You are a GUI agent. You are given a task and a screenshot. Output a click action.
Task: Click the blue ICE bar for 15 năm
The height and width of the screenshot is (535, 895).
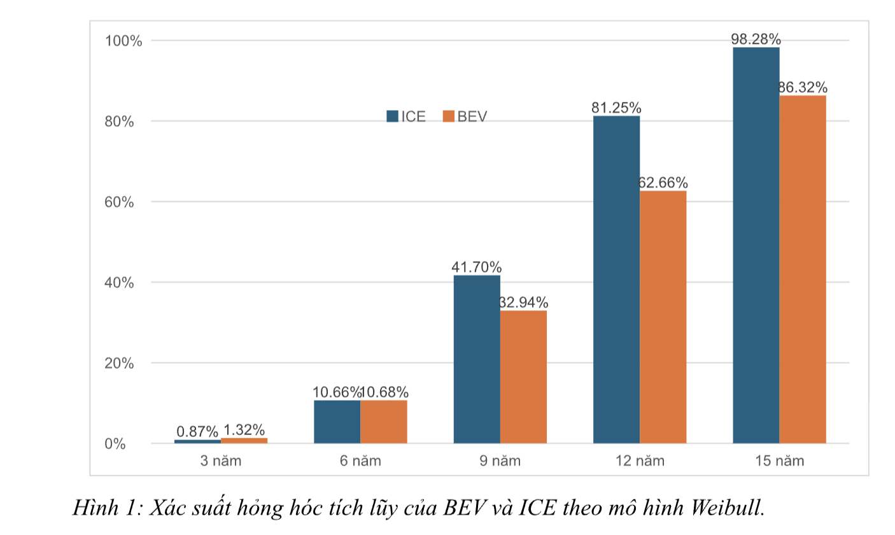tap(756, 245)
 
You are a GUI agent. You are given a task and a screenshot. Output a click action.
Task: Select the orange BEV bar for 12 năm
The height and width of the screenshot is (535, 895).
tap(663, 317)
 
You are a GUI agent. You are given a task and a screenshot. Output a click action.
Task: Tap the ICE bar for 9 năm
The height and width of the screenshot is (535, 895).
tap(477, 359)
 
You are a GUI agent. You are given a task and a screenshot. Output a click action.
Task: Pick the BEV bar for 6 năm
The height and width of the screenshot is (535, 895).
tap(383, 422)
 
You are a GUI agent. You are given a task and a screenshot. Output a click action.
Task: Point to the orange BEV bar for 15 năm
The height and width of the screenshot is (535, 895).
tap(803, 269)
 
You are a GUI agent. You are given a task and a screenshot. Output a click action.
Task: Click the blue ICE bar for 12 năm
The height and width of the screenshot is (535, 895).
tap(616, 280)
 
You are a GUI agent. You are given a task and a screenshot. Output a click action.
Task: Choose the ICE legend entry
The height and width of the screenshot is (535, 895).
tap(406, 117)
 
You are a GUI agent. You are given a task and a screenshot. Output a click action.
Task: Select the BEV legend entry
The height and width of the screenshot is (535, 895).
tap(465, 117)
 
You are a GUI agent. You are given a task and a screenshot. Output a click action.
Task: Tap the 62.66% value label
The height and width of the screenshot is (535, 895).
tap(663, 183)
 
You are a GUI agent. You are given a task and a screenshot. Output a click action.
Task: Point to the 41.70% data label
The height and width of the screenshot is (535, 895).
tap(476, 267)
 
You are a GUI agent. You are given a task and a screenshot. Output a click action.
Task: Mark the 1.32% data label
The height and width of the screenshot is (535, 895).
tap(243, 430)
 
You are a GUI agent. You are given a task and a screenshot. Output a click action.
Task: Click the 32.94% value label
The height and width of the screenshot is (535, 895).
tap(523, 302)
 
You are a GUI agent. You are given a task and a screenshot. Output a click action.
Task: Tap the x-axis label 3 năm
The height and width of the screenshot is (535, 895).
tap(220, 460)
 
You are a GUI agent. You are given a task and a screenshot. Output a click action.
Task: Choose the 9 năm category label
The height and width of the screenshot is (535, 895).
tap(500, 460)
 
